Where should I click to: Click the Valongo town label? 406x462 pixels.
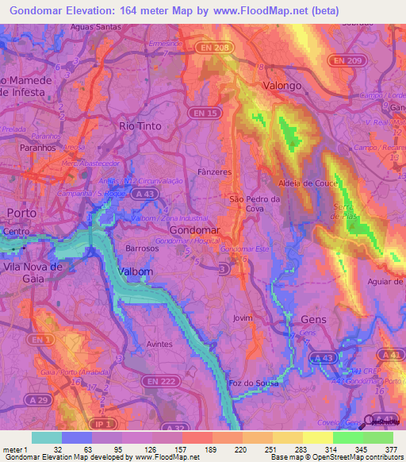283,85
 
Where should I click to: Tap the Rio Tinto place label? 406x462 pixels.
140,126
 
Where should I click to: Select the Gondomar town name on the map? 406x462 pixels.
194,229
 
